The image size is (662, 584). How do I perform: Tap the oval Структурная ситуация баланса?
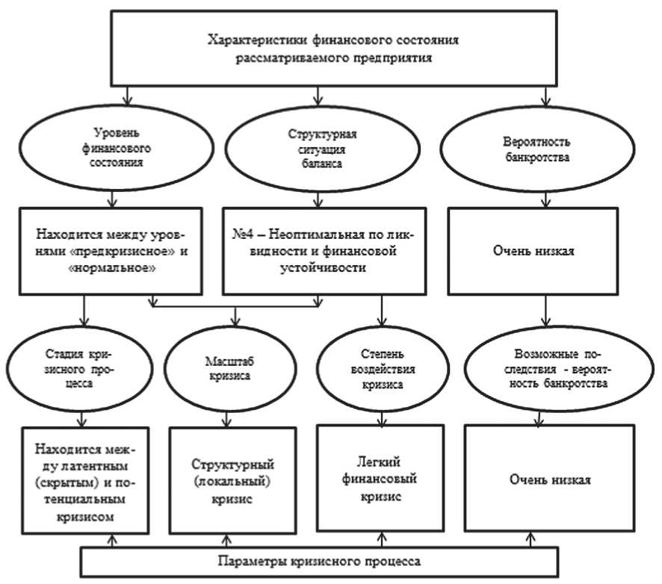click(x=321, y=147)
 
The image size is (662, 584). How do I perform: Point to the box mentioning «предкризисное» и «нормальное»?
click(x=111, y=252)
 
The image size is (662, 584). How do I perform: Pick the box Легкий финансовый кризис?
click(x=380, y=478)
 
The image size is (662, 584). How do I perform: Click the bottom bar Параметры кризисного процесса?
click(x=318, y=561)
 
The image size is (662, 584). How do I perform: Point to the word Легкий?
click(x=380, y=462)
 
